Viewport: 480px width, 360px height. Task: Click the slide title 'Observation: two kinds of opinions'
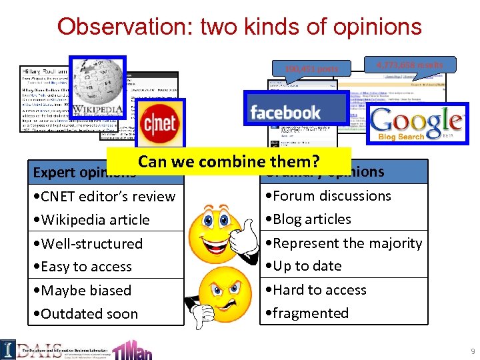[239, 26]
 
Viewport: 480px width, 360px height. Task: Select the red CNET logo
[160, 123]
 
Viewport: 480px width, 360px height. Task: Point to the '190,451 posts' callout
[311, 69]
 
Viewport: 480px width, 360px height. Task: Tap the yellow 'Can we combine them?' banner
[229, 161]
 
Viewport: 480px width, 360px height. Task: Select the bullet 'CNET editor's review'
[107, 197]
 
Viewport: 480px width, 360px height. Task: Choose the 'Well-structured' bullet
[91, 243]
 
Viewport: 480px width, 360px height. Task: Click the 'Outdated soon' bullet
[89, 314]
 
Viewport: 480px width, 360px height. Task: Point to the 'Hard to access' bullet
[315, 290]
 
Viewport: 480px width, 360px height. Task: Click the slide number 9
[472, 351]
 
